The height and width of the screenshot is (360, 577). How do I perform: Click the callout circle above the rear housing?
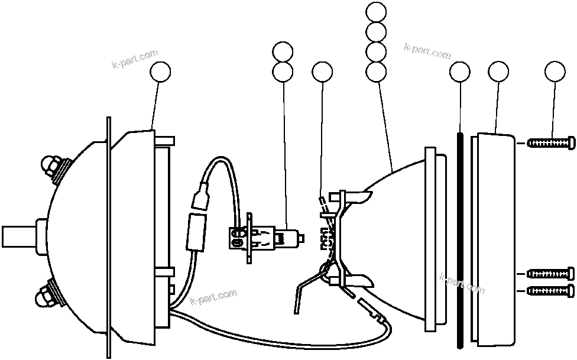click(161, 72)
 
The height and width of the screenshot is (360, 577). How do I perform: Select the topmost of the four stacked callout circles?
click(377, 11)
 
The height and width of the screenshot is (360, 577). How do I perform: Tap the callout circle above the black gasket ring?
click(459, 72)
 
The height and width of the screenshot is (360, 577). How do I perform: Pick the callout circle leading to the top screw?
click(555, 72)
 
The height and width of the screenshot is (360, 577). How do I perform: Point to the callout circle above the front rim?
click(498, 72)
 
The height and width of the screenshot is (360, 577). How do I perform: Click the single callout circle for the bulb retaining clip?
click(322, 72)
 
